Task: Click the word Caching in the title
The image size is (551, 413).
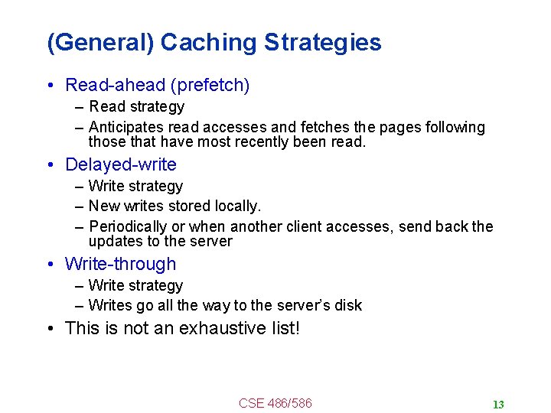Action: click(208, 43)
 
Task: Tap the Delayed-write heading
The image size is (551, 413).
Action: click(121, 164)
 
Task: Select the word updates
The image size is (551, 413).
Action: click(112, 241)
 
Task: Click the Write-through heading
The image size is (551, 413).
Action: click(121, 264)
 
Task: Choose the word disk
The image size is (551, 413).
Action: click(348, 305)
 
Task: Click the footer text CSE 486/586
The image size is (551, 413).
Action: click(275, 403)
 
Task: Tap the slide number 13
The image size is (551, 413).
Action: click(498, 405)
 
